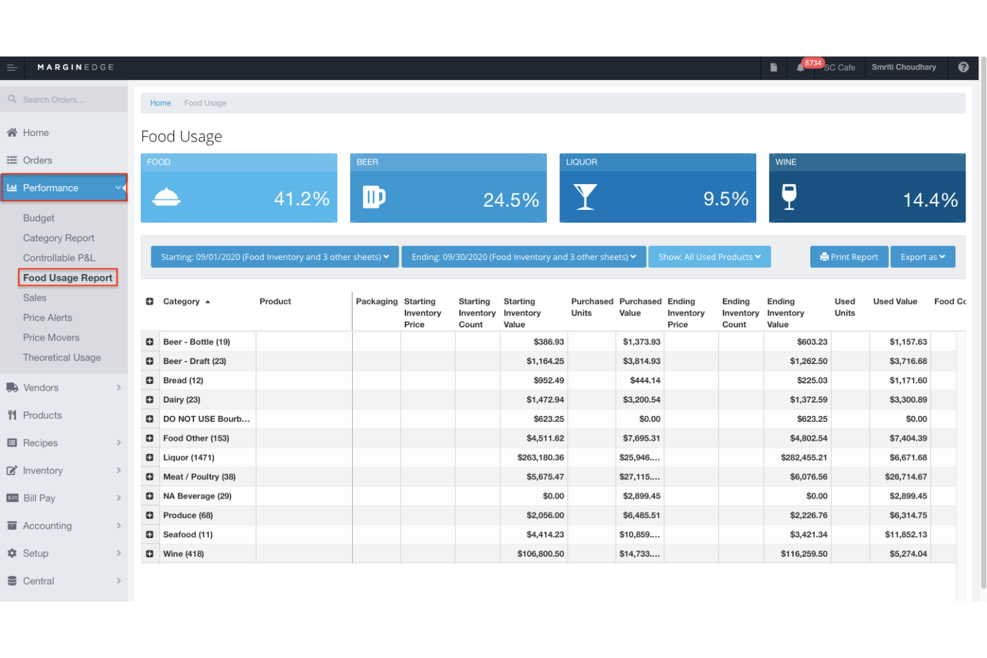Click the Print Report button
[x=849, y=257]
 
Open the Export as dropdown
[x=922, y=257]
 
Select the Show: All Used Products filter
[x=709, y=257]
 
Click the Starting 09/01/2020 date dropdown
[x=275, y=257]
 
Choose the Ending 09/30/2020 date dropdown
[x=524, y=257]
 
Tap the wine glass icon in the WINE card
[x=789, y=197]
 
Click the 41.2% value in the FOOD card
[x=301, y=199]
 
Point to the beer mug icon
[x=373, y=197]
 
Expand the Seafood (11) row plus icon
[x=149, y=535]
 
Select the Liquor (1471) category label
[x=189, y=457]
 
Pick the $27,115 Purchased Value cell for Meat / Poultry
[x=640, y=477]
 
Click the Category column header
[x=181, y=301]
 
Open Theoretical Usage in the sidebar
[x=62, y=357]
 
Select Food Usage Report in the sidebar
[x=67, y=277]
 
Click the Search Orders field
[x=67, y=99]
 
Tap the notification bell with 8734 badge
[x=800, y=67]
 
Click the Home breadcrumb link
[x=160, y=103]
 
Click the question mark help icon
[x=963, y=67]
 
